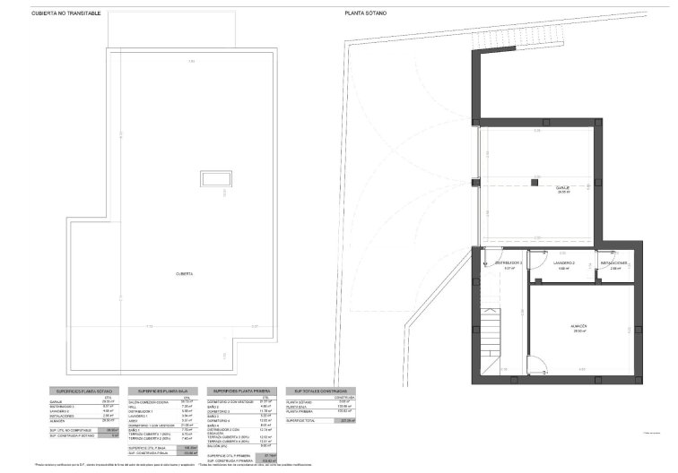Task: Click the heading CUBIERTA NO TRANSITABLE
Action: tap(66, 13)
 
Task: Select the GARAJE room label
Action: tap(563, 188)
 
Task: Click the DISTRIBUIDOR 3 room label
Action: tap(508, 263)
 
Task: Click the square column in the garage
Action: tap(534, 183)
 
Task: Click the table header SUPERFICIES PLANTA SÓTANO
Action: tap(83, 391)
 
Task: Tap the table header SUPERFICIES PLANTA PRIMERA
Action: tap(240, 391)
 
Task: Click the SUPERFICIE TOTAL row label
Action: tap(302, 419)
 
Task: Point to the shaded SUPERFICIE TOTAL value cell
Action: tap(345, 419)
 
